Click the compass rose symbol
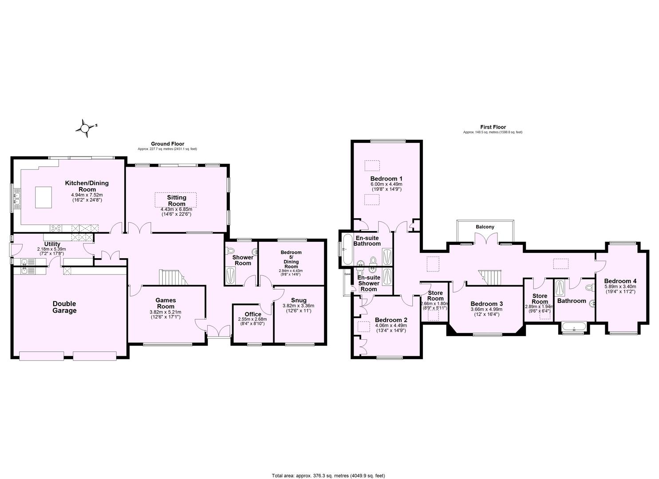84,128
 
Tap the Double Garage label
64,307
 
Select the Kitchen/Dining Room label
87,186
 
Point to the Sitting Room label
177,200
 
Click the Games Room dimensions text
166,314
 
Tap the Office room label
253,314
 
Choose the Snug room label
298,300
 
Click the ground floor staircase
171,278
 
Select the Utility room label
52,244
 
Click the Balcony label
485,227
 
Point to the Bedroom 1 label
386,179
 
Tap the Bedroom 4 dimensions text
620,289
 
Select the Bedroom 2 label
391,320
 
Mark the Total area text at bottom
328,475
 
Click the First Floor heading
493,127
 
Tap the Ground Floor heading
167,144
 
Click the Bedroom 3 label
486,304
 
